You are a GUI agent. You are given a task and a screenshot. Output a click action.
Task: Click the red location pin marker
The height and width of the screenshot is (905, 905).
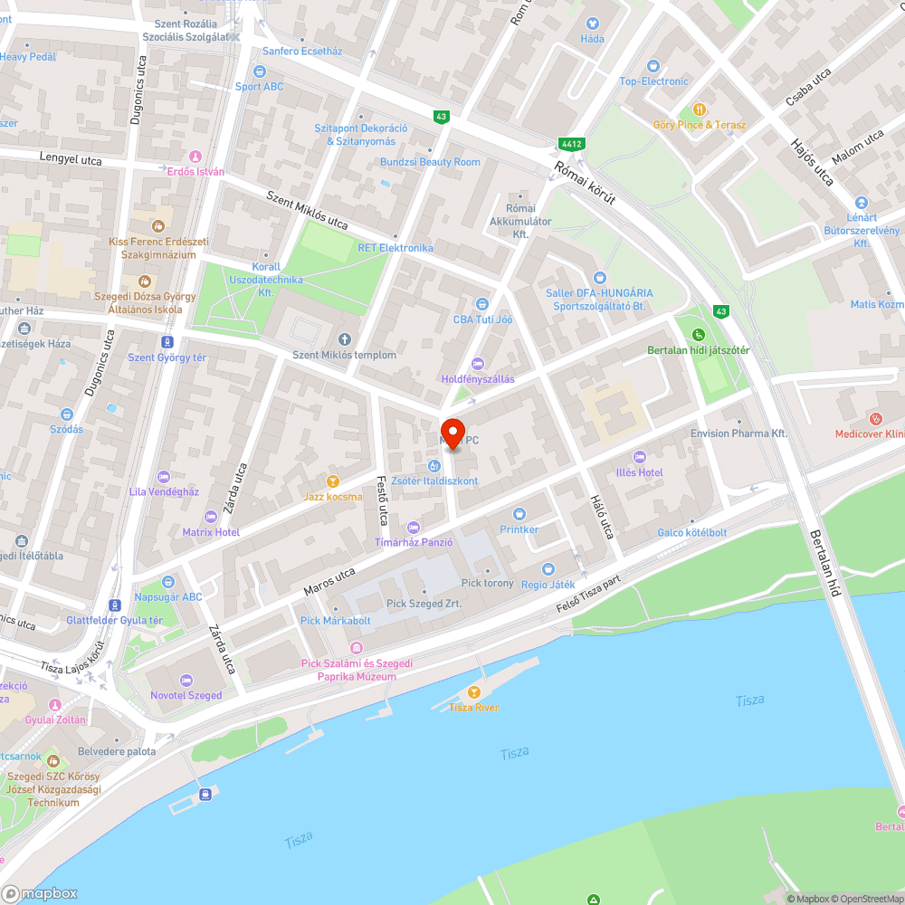[452, 432]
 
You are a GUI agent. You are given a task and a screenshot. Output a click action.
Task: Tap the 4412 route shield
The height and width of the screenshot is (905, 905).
[570, 144]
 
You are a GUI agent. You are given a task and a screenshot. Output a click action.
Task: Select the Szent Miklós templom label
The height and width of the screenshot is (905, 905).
[344, 355]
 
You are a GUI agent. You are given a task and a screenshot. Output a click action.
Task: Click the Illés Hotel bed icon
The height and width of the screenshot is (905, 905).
[641, 456]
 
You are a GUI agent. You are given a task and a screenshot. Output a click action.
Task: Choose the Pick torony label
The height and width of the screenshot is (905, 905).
[487, 583]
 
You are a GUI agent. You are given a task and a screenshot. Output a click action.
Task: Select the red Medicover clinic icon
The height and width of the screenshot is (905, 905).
[875, 418]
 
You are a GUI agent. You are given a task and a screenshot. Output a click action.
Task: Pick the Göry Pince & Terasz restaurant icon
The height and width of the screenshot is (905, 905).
[699, 109]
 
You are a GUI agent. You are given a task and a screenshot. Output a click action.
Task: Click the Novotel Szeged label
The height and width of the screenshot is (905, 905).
[186, 695]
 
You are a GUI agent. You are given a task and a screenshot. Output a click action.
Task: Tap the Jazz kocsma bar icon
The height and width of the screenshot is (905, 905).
[333, 481]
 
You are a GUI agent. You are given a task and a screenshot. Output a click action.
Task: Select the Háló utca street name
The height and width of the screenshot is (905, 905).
[602, 517]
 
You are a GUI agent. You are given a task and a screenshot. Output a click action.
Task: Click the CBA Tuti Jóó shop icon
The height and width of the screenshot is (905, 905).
[481, 304]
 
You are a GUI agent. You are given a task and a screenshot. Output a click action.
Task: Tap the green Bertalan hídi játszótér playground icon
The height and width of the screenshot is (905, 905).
[699, 336]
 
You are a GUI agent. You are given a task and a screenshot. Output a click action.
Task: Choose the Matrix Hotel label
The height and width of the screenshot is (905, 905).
[211, 532]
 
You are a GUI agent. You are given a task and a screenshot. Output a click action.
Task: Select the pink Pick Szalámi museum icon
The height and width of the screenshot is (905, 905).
[356, 648]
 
